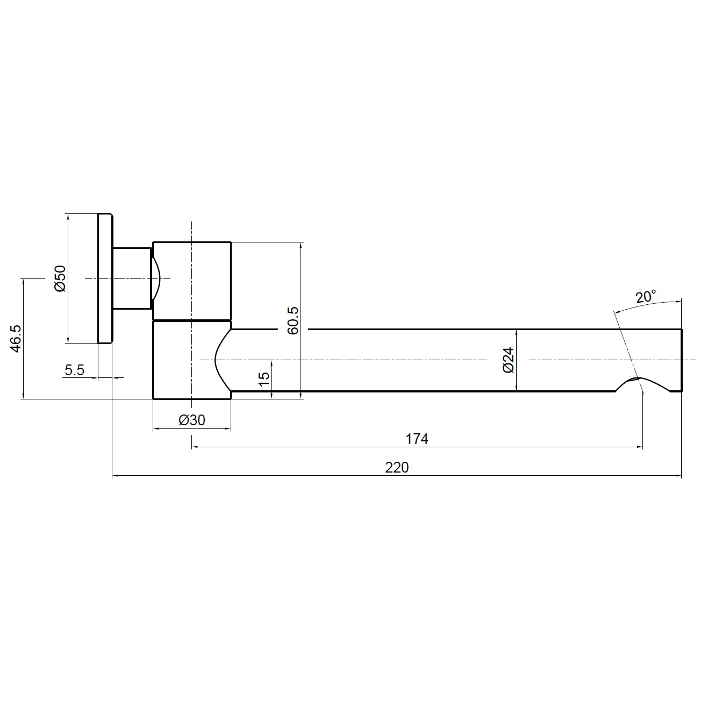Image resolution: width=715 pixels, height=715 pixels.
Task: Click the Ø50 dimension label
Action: pyautogui.click(x=60, y=278)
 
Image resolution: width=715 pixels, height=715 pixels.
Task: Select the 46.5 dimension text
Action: pyautogui.click(x=16, y=339)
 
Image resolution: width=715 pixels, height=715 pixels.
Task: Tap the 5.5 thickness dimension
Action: pyautogui.click(x=74, y=370)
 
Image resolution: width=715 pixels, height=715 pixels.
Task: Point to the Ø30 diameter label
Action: pyautogui.click(x=191, y=420)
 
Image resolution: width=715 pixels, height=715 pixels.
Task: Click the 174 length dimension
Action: pyautogui.click(x=417, y=439)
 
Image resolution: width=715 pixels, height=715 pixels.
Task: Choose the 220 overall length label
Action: pyautogui.click(x=397, y=468)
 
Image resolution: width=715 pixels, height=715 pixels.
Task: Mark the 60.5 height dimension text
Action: pyautogui.click(x=293, y=321)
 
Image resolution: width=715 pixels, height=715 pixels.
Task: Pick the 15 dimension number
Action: pyautogui.click(x=264, y=379)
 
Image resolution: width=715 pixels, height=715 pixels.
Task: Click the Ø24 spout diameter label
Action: pyautogui.click(x=508, y=360)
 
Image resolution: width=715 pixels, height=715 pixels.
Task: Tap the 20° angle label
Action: pyautogui.click(x=646, y=296)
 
